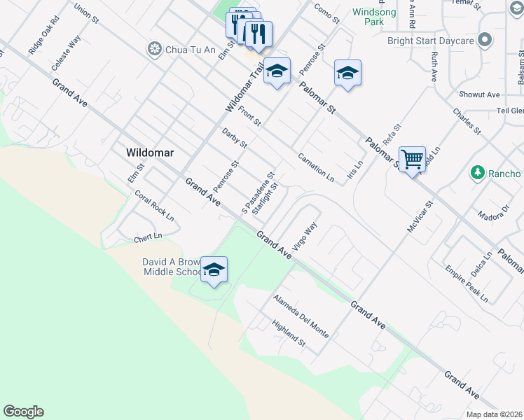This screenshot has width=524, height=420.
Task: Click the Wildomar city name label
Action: (149, 153)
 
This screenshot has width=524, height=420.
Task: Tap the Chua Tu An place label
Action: (183, 49)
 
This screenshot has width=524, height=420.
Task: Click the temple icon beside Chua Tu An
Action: (153, 49)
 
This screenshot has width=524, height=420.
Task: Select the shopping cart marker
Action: (413, 160)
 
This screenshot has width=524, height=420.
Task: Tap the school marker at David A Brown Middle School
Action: (214, 269)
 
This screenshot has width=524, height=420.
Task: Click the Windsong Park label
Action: (374, 17)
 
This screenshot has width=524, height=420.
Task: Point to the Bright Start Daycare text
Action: (431, 41)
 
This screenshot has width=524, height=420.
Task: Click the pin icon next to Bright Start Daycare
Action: (483, 41)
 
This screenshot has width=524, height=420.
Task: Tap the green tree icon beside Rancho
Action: (477, 173)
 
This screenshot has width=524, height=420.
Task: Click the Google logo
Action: (23, 412)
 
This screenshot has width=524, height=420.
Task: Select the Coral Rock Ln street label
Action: (154, 206)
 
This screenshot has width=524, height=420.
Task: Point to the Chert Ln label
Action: (148, 239)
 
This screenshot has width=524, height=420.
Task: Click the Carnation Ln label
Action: (315, 168)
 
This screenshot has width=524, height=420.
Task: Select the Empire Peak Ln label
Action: (466, 283)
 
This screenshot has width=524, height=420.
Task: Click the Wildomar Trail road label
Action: (243, 87)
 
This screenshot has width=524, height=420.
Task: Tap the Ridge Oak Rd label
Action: (44, 42)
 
